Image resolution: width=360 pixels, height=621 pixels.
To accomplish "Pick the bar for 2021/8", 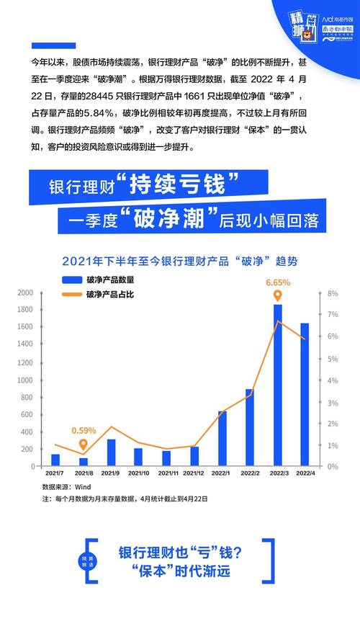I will [84, 462].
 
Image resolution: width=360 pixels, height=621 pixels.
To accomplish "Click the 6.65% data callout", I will [278, 282].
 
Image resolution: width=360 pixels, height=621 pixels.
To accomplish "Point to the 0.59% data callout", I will [84, 431].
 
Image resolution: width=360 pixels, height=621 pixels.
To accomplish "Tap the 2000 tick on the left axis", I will [25, 293].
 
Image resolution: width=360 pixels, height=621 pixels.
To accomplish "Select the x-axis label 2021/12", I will [194, 473].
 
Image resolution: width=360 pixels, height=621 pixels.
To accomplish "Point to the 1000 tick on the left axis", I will [25, 380].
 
